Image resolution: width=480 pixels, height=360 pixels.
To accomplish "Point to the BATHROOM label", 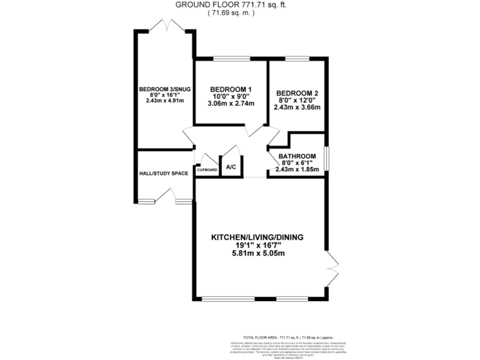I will point(297,156).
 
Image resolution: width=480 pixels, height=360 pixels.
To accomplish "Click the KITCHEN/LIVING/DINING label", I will point(256,237).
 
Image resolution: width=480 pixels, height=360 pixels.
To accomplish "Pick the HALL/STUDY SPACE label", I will point(162,173).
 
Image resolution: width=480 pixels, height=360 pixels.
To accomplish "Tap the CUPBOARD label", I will point(207,170).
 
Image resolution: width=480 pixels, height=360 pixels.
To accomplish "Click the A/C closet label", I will point(231,167).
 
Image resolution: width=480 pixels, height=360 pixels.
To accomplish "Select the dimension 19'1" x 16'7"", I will point(256,245).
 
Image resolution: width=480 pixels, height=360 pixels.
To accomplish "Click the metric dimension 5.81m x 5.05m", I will point(256,253).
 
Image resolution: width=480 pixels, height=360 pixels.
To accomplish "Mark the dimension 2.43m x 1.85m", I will point(297,169).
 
